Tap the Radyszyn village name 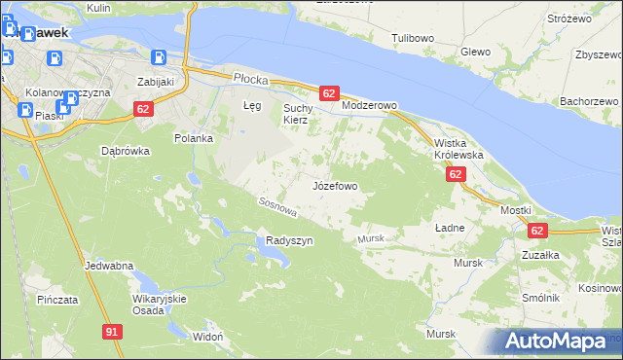tap(289, 241)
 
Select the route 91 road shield tap(112, 332)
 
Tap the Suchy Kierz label tap(295, 114)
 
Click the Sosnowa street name tap(276, 205)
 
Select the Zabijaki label tap(155, 82)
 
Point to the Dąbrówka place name tap(125, 151)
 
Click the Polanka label tap(194, 137)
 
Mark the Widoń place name tap(208, 336)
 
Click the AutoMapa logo tap(556, 342)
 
